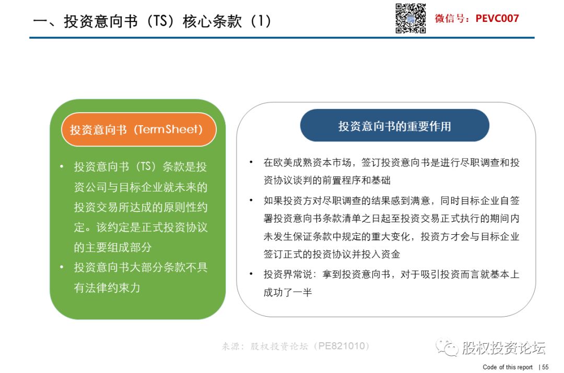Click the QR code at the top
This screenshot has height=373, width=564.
click(x=410, y=18)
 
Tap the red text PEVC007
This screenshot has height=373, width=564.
click(x=497, y=18)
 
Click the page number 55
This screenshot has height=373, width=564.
click(x=545, y=367)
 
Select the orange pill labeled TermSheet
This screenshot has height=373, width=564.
click(x=139, y=129)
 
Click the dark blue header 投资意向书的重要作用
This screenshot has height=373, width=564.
click(x=395, y=125)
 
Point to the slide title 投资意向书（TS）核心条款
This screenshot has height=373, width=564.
click(x=152, y=21)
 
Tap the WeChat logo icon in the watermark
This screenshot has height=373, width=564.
click(x=446, y=347)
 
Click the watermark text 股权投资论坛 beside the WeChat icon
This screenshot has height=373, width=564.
click(x=503, y=347)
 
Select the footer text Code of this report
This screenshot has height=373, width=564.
click(x=508, y=367)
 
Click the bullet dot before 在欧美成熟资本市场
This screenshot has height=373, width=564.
click(x=251, y=162)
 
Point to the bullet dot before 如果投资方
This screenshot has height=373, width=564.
click(x=251, y=200)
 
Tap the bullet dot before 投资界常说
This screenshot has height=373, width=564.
click(x=251, y=274)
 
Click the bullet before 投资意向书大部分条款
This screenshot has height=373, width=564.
click(x=62, y=267)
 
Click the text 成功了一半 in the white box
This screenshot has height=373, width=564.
click(x=288, y=293)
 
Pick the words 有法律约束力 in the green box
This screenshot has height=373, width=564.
click(x=107, y=287)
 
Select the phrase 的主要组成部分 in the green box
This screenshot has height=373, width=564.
click(x=113, y=247)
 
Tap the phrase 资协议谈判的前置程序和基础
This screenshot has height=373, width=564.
click(x=327, y=181)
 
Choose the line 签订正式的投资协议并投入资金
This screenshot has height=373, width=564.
click(x=332, y=255)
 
